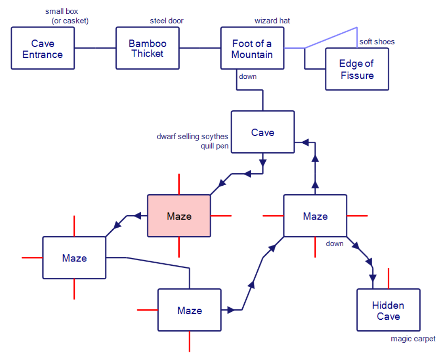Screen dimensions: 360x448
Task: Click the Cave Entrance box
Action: tap(43, 48)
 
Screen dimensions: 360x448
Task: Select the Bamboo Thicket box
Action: tap(148, 48)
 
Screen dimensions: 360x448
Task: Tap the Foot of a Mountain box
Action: tap(252, 48)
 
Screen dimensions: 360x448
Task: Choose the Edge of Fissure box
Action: tap(357, 69)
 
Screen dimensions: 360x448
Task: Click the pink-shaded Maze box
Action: tap(179, 216)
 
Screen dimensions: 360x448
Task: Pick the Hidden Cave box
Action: tap(388, 310)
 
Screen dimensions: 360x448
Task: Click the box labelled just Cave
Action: tap(263, 132)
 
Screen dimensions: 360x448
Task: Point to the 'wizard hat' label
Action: tap(272, 21)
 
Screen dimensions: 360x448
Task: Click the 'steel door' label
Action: tap(167, 21)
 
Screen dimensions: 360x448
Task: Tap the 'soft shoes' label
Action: tap(377, 42)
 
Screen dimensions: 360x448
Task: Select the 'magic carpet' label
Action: tap(413, 339)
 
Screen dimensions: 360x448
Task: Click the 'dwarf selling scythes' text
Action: tap(192, 137)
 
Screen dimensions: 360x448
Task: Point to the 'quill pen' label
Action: tap(214, 146)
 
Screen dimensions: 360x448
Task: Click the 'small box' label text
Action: tap(62, 12)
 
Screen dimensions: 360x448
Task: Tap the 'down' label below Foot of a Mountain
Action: tap(248, 76)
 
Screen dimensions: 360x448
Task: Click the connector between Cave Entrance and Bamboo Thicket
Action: tap(95, 48)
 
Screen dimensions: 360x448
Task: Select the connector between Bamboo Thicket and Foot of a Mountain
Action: tap(200, 48)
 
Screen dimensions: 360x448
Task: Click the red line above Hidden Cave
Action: tap(388, 278)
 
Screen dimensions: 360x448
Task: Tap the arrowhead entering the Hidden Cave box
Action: tap(373, 278)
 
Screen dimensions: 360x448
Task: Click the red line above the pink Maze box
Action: tap(179, 184)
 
